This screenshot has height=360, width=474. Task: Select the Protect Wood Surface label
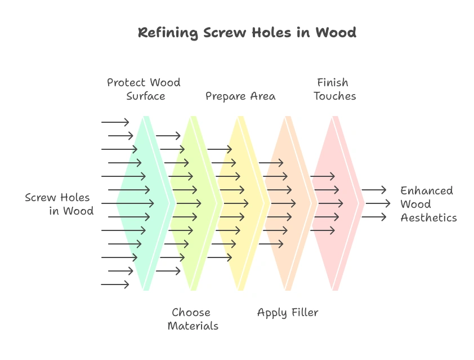coord(144,90)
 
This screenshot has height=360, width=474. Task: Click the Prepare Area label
coord(240,96)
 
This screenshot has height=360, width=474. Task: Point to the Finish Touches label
coord(335,90)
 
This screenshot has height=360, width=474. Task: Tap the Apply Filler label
coord(288,313)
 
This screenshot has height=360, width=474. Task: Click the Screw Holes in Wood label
coord(60,204)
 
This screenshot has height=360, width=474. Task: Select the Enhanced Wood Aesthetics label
coord(428,204)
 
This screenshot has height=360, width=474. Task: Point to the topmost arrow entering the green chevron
coord(115,122)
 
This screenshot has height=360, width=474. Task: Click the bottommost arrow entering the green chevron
coord(115,285)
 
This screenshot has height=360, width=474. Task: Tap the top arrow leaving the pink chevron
coord(374,190)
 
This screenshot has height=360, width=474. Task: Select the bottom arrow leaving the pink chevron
coord(374,217)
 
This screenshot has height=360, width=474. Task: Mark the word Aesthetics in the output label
coord(428,217)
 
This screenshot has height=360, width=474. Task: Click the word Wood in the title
coord(336,33)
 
